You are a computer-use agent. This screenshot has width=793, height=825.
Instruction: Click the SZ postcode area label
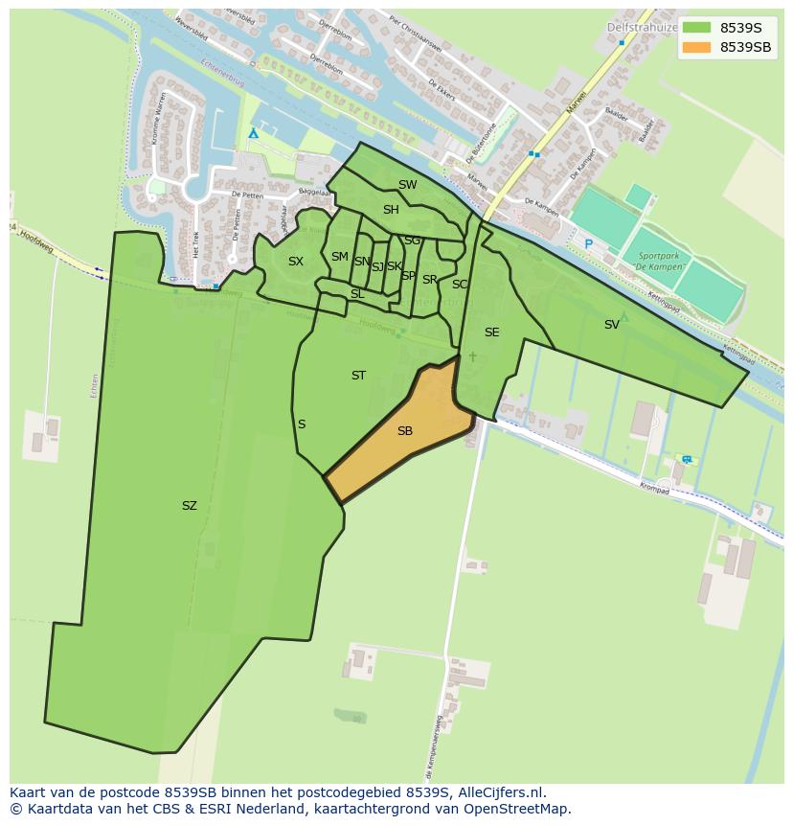click(x=189, y=506)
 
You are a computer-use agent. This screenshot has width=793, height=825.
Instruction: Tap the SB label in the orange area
click(x=405, y=431)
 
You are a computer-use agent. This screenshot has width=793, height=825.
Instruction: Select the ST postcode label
click(x=358, y=376)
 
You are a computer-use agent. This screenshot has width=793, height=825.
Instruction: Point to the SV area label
click(x=612, y=325)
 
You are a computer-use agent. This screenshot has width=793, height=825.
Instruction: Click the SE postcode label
click(x=491, y=332)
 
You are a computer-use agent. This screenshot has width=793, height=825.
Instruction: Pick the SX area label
click(x=296, y=262)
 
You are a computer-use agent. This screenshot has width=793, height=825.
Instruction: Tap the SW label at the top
click(x=408, y=185)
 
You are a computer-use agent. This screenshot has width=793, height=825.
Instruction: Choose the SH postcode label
click(x=391, y=210)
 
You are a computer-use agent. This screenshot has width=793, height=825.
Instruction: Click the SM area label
click(x=339, y=257)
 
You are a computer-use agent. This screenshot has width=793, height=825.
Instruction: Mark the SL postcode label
click(x=357, y=294)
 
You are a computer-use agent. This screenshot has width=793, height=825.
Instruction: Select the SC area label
click(x=460, y=285)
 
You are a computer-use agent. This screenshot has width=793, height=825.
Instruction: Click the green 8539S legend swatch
click(x=696, y=28)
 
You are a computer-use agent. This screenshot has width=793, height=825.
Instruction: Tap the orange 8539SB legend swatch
click(x=696, y=47)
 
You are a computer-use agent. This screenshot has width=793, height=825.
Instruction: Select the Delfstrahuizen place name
click(x=642, y=28)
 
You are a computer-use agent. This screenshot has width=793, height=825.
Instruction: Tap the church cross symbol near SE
click(x=472, y=357)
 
